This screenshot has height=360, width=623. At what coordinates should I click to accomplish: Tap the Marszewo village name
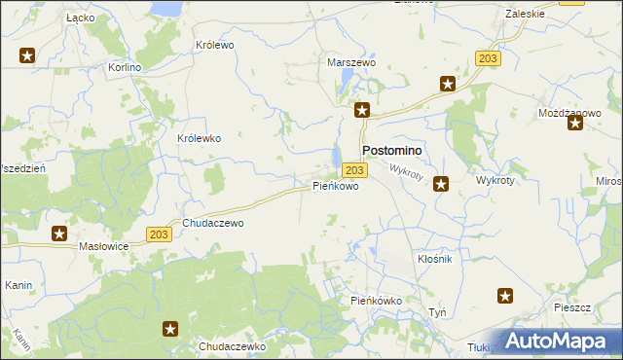(x=350, y=62)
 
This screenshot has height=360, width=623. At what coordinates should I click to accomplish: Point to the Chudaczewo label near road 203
(x=212, y=223)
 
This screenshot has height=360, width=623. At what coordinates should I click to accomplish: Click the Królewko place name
(x=200, y=138)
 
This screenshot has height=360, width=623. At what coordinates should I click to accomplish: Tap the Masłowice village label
(x=104, y=247)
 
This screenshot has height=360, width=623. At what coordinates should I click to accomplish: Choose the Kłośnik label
(x=435, y=260)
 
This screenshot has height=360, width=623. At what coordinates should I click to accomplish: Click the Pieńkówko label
(x=376, y=302)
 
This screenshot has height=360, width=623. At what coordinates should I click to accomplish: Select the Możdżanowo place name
(x=569, y=113)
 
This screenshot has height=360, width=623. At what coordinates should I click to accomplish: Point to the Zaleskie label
(x=526, y=14)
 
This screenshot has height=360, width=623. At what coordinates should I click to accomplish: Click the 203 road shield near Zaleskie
(x=488, y=59)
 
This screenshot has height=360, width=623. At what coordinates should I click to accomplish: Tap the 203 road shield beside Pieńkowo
(x=355, y=169)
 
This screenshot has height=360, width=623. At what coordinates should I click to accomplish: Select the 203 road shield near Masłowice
(x=162, y=234)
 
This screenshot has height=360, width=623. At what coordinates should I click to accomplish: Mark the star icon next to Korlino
(x=27, y=56)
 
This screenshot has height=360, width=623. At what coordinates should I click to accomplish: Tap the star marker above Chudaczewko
(x=171, y=329)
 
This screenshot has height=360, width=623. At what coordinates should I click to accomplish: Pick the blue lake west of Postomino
(x=337, y=156)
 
